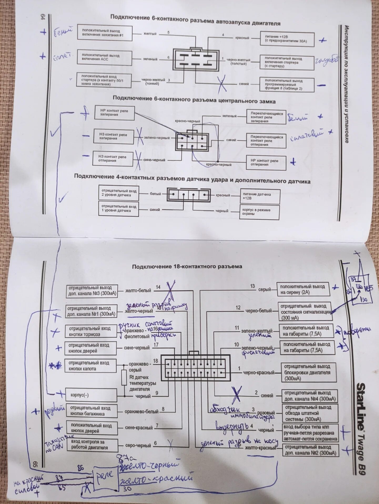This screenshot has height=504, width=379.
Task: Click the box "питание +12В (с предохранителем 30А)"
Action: click(x=287, y=39)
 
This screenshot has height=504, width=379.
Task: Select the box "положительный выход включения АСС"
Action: click(x=104, y=57)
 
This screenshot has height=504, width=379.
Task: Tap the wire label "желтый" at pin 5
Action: click(x=150, y=34)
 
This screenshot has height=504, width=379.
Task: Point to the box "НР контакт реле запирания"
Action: click(x=115, y=113)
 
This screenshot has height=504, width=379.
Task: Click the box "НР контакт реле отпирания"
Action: click(x=266, y=163)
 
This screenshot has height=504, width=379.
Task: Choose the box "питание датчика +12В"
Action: click(x=260, y=196)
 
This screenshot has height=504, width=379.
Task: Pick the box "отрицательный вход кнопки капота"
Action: click(x=90, y=366)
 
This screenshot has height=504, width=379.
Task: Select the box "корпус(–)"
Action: click(x=91, y=395)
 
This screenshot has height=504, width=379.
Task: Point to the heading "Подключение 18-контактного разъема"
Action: click(x=187, y=267)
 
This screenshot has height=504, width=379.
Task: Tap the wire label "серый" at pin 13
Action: click(x=264, y=290)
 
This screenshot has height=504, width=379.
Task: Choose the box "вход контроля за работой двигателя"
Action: click(x=91, y=445)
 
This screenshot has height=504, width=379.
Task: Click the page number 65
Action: click(x=36, y=464)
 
